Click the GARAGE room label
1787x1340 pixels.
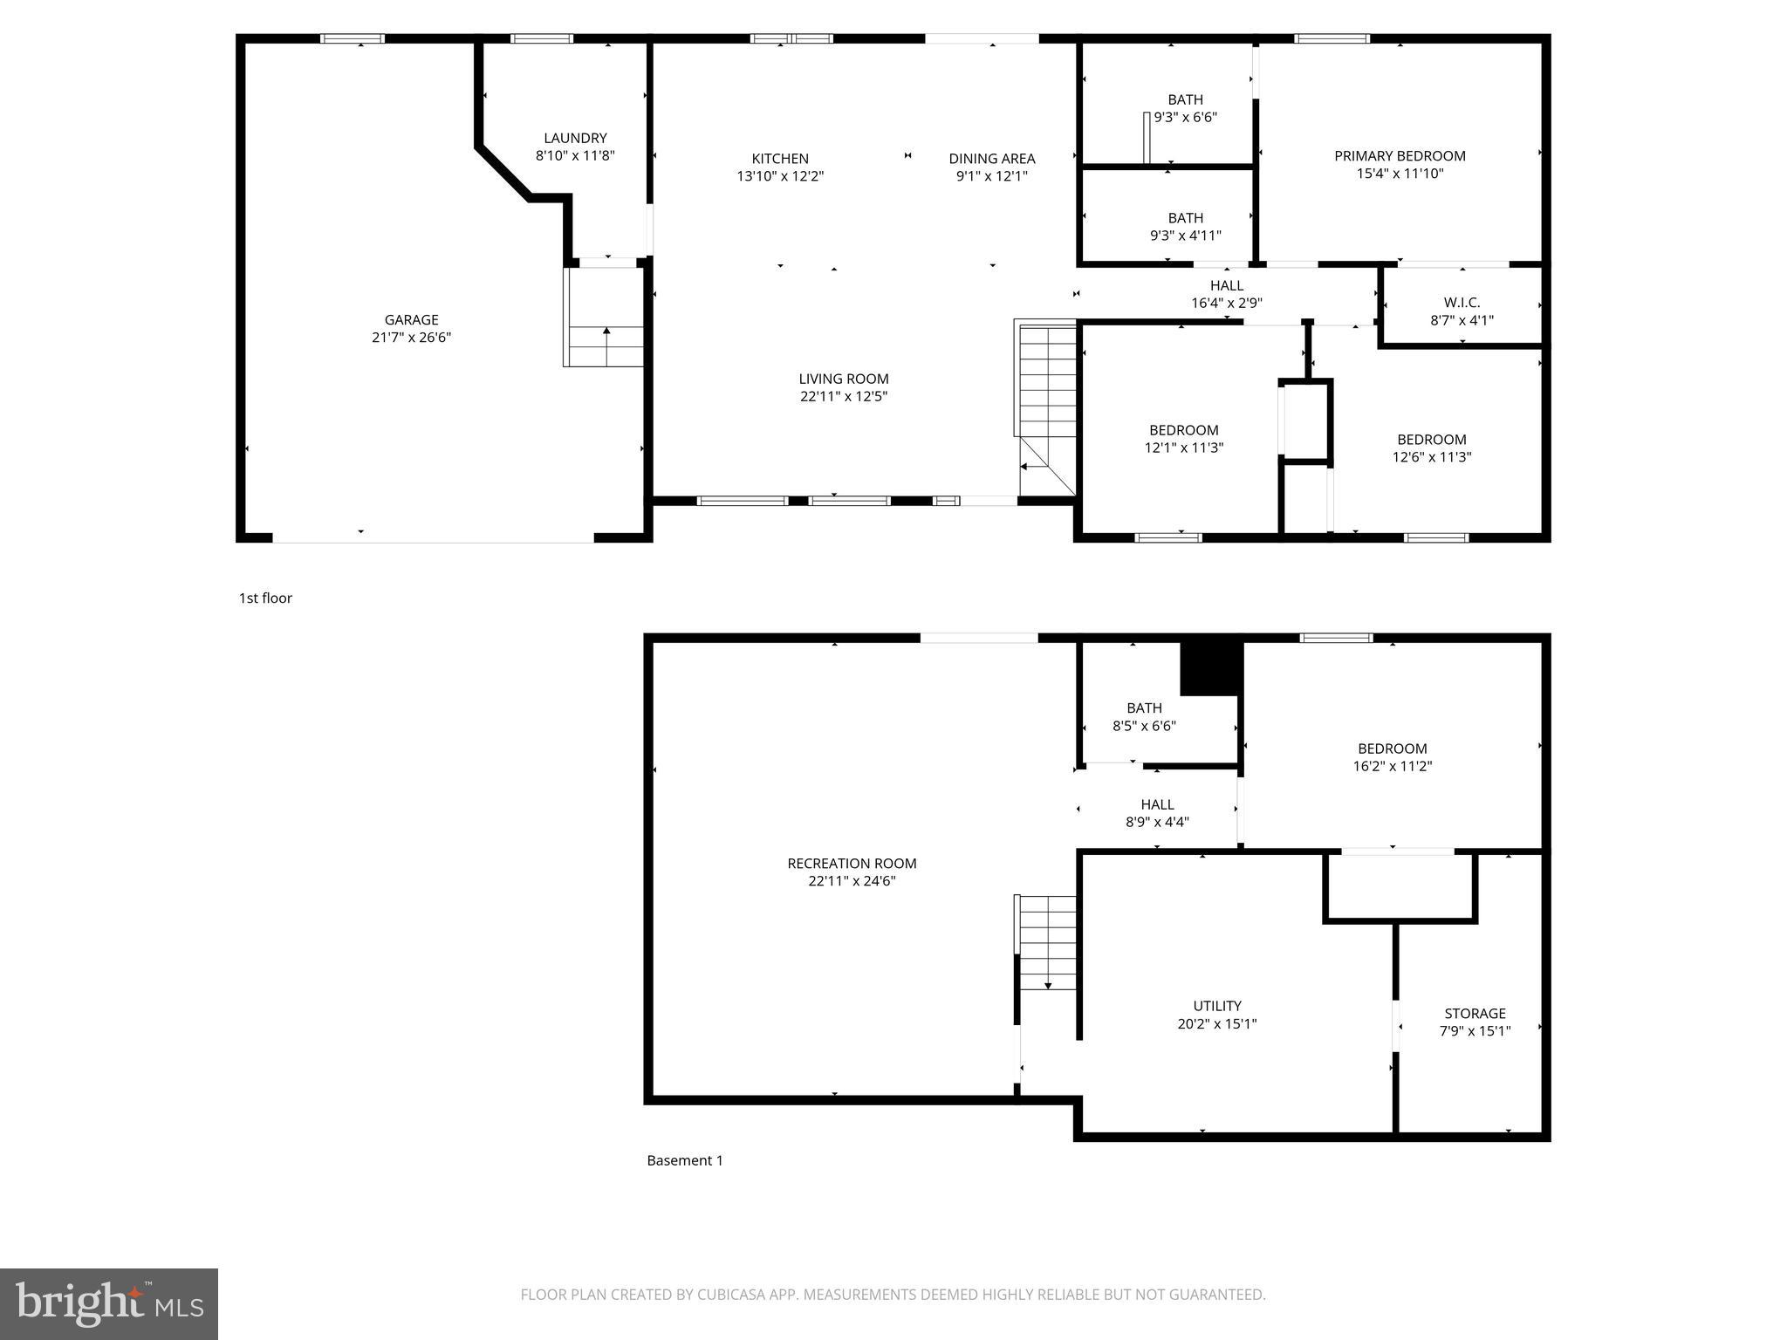point(411,320)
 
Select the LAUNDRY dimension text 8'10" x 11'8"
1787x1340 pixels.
point(575,155)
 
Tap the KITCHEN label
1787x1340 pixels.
point(780,159)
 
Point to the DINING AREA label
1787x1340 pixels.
point(992,159)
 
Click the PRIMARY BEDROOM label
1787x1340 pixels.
point(1400,156)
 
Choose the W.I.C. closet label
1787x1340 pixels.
point(1462,303)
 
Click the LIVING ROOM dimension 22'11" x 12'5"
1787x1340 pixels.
point(844,396)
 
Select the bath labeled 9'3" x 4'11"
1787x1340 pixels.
point(1186,227)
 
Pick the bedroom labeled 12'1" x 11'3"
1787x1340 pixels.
point(1184,439)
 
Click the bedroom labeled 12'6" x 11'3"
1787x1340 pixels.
point(1432,448)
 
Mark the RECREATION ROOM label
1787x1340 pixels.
point(852,864)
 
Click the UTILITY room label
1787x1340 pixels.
point(1217,1006)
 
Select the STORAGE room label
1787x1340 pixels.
point(1475,1014)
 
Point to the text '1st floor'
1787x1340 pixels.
point(265,598)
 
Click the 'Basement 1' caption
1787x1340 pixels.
point(685,1160)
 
